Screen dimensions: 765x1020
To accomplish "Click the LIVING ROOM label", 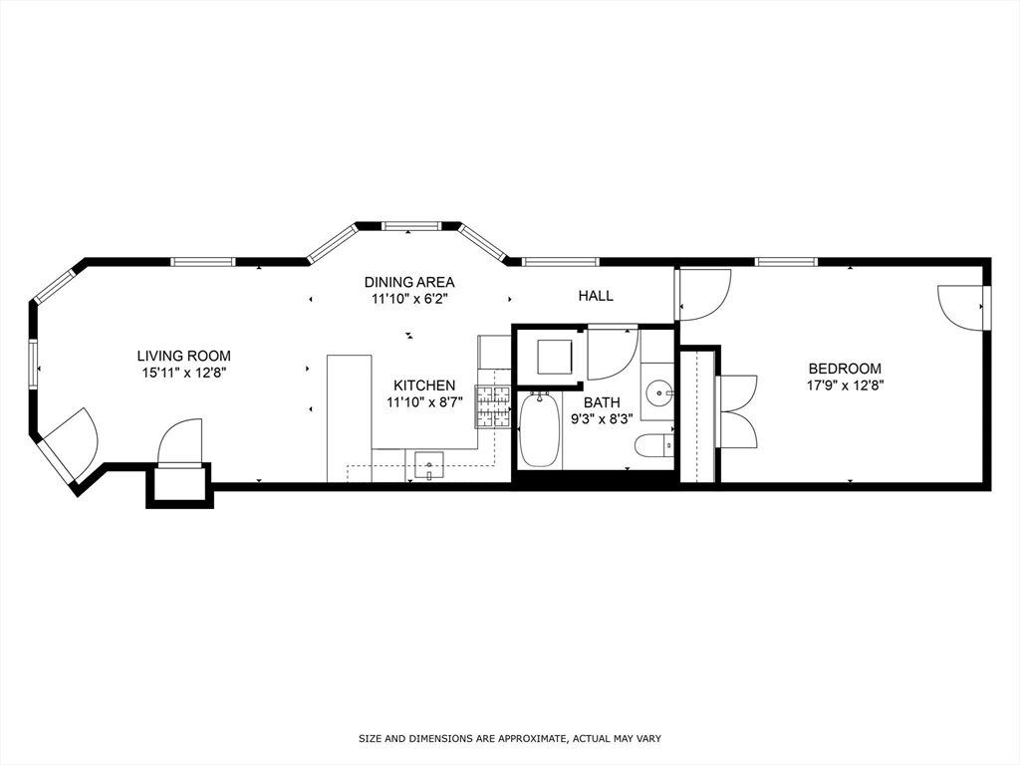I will (x=183, y=356).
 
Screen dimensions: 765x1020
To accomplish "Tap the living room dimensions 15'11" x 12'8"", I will (x=183, y=373).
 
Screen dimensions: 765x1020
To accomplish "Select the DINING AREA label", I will (x=408, y=282).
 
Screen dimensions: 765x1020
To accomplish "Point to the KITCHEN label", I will (x=424, y=385).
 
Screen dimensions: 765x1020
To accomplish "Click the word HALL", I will (x=596, y=296).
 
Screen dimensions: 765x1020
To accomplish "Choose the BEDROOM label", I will (x=845, y=368).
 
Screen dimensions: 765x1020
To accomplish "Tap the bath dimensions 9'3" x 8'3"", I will (x=602, y=419).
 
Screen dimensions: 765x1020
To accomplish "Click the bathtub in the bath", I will (x=540, y=429).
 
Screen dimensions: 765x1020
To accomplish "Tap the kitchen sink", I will (x=428, y=464).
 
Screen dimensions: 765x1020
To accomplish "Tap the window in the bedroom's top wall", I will (x=786, y=262).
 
